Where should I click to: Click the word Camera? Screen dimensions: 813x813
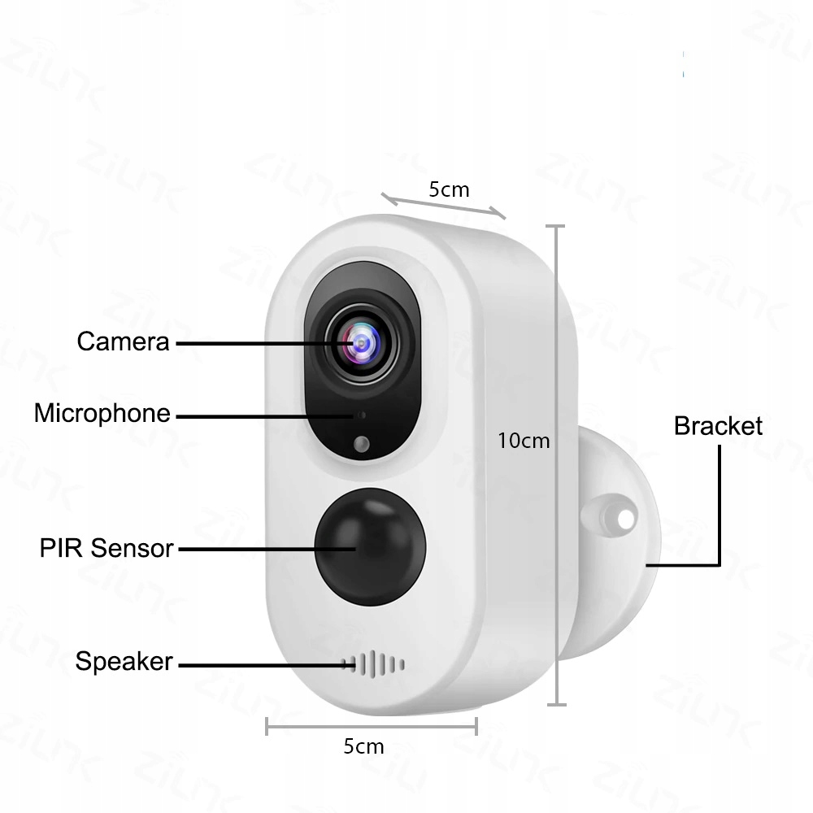pos(123,341)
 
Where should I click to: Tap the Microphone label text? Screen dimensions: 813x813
pos(102,413)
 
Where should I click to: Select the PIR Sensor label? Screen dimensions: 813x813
pos(107,548)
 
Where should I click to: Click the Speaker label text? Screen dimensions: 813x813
pos(124,661)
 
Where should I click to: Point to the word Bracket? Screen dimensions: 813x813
pos(718,426)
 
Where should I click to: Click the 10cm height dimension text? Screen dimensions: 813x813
pos(524,441)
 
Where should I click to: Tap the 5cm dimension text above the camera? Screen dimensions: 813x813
pos(449,189)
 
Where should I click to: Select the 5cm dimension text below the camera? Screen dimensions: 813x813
pos(364,746)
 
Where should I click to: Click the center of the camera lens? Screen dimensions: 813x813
pos(362,343)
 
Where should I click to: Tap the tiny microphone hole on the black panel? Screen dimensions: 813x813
pos(362,415)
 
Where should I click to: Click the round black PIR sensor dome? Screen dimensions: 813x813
pos(370,546)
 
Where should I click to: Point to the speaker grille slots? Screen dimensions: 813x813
pos(373,664)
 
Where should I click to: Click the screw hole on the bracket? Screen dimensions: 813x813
pos(626,518)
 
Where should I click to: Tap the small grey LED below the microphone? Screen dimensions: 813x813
pos(362,444)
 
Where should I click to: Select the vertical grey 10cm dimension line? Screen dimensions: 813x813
pos(556,466)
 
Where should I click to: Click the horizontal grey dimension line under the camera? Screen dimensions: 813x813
pos(372,726)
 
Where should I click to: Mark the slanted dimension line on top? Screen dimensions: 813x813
pos(443,206)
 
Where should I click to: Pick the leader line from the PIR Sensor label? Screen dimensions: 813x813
pos(267,549)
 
